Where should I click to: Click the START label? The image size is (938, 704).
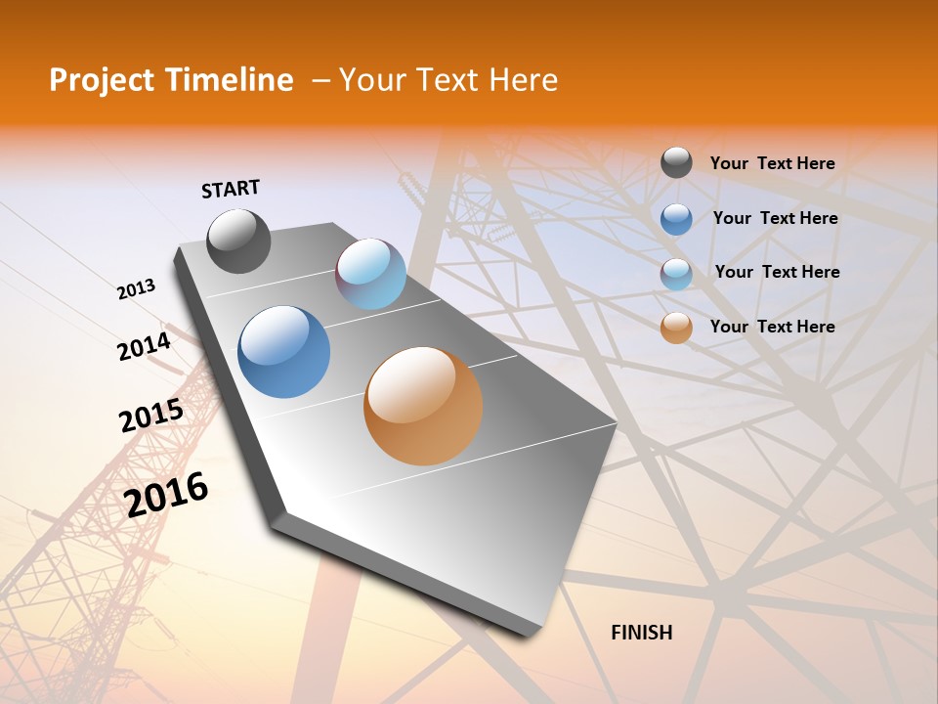pos(231,189)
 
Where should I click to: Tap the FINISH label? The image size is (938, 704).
pos(641,633)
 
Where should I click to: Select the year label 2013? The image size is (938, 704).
pos(137,289)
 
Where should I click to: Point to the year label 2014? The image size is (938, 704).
pos(145,346)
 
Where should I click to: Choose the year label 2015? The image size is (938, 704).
pos(151,417)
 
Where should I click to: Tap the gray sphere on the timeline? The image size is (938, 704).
pos(238,241)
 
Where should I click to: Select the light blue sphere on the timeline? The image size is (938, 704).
pos(370,274)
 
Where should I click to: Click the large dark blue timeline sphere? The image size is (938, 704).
pos(284,352)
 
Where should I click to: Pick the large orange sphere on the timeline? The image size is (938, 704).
pos(423,406)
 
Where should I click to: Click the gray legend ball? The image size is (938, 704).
pos(676,163)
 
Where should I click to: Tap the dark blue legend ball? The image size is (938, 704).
pos(676,218)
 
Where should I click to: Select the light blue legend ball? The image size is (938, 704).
pos(676,274)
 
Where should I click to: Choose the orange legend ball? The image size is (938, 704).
pos(676,328)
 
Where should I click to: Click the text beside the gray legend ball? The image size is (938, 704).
pos(772,163)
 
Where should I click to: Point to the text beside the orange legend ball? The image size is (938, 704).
pos(772,327)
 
